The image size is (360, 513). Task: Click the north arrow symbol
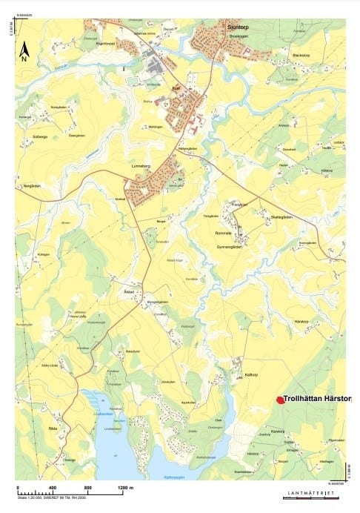pyautogui.click(x=24, y=51)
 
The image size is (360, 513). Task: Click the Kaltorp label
pyautogui.click(x=250, y=375)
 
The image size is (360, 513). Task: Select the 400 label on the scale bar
pyautogui.click(x=52, y=487)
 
